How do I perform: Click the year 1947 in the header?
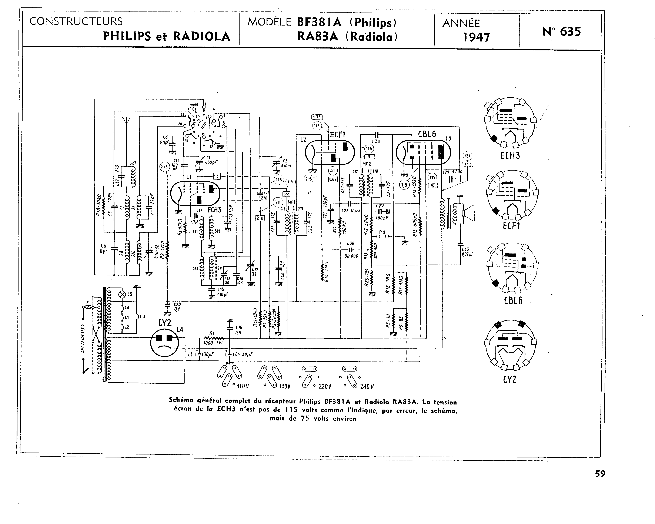coord(476,37)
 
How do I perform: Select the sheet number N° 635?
coord(561,32)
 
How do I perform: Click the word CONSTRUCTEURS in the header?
coord(76,21)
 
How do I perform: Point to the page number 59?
coord(600,474)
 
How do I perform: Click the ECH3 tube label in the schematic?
coord(214,210)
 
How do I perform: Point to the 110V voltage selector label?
coord(243,386)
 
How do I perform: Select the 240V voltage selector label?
coord(367,386)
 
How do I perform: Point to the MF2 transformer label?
coord(367,164)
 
